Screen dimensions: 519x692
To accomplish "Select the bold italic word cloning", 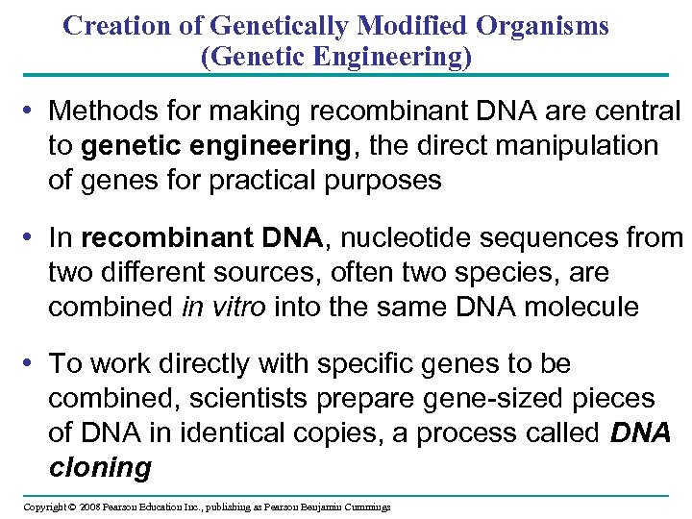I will (100, 468).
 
